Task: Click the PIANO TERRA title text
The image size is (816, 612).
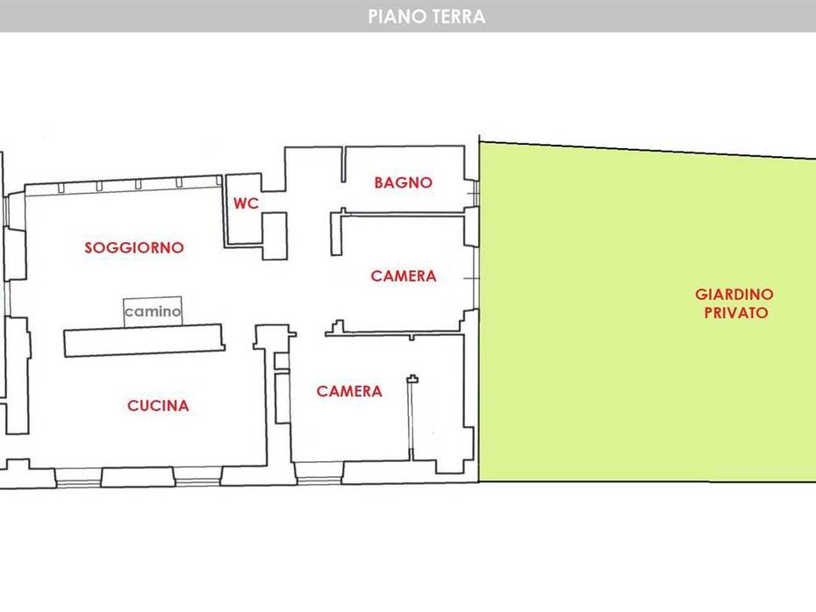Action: click(x=426, y=17)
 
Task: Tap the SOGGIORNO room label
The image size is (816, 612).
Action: click(x=134, y=247)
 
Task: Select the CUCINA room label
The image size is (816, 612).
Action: click(x=158, y=406)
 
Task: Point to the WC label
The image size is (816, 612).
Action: click(x=246, y=203)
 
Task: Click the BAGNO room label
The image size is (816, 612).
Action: click(x=404, y=182)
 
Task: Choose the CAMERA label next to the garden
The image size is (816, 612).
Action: click(x=404, y=276)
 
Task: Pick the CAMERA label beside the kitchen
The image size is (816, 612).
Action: click(x=349, y=391)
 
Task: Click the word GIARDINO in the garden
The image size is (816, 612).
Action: click(x=734, y=295)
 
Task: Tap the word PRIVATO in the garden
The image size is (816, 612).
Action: click(x=736, y=312)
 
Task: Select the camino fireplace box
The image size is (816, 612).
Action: click(x=153, y=311)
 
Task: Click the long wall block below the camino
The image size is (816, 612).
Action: click(x=144, y=340)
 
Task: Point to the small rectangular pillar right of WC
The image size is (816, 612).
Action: click(x=275, y=236)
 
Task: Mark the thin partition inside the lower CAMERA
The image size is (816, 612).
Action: click(x=412, y=418)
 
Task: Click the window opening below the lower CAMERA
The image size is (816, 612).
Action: click(x=319, y=473)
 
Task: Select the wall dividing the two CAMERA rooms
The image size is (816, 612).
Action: click(x=395, y=333)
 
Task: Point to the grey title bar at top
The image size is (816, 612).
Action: click(x=408, y=16)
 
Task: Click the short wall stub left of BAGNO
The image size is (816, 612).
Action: click(x=343, y=164)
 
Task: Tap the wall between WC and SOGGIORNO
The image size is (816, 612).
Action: click(x=225, y=210)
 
